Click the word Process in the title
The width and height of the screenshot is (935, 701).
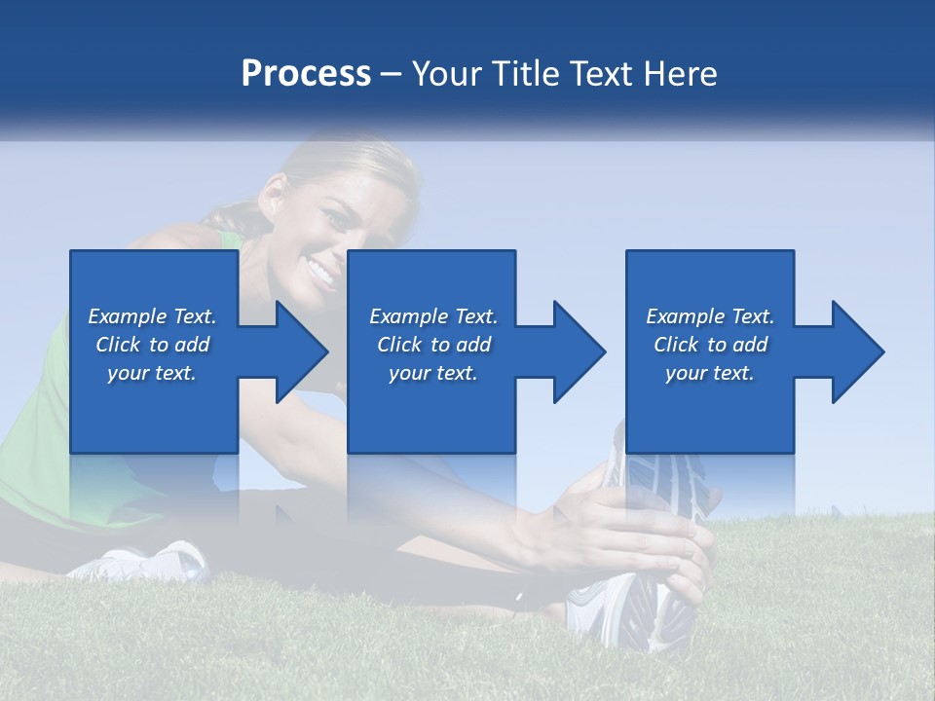[x=306, y=73]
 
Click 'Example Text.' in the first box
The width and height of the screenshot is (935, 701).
[x=152, y=316]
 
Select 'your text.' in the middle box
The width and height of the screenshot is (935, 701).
[x=432, y=373]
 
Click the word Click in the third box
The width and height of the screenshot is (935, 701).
[x=676, y=345]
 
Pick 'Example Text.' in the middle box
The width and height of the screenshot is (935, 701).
[x=432, y=316]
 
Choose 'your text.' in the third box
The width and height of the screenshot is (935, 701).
[x=709, y=373]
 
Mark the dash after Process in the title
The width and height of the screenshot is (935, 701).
[x=392, y=75]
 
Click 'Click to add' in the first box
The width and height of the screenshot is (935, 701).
[x=152, y=345]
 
